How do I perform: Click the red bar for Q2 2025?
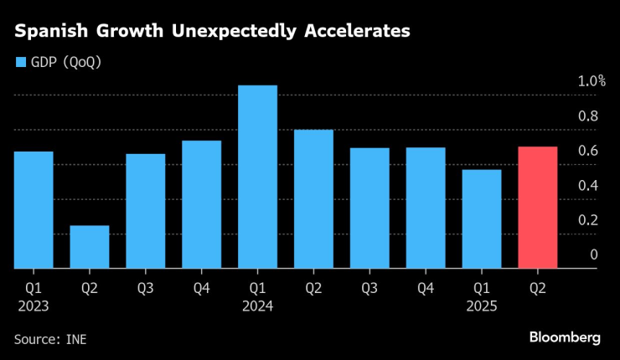pyautogui.click(x=538, y=208)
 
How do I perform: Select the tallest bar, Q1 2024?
pyautogui.click(x=257, y=177)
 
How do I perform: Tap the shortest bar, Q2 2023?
pyautogui.click(x=89, y=247)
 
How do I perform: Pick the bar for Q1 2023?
pyautogui.click(x=33, y=210)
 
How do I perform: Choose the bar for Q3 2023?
pyautogui.click(x=145, y=211)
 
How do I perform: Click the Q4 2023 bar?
pyautogui.click(x=201, y=204)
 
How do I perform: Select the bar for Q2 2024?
pyautogui.click(x=313, y=199)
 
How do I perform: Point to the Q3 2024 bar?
pyautogui.click(x=369, y=208)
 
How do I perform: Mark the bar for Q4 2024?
pyautogui.click(x=426, y=208)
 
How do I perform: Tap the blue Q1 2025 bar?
pyautogui.click(x=482, y=219)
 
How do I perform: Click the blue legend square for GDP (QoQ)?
pyautogui.click(x=20, y=62)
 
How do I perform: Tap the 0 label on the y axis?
pyautogui.click(x=593, y=255)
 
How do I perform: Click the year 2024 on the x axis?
pyautogui.click(x=257, y=306)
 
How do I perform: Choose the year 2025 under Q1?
pyautogui.click(x=482, y=306)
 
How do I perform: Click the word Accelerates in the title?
pyautogui.click(x=355, y=31)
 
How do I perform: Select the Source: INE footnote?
pyautogui.click(x=50, y=339)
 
